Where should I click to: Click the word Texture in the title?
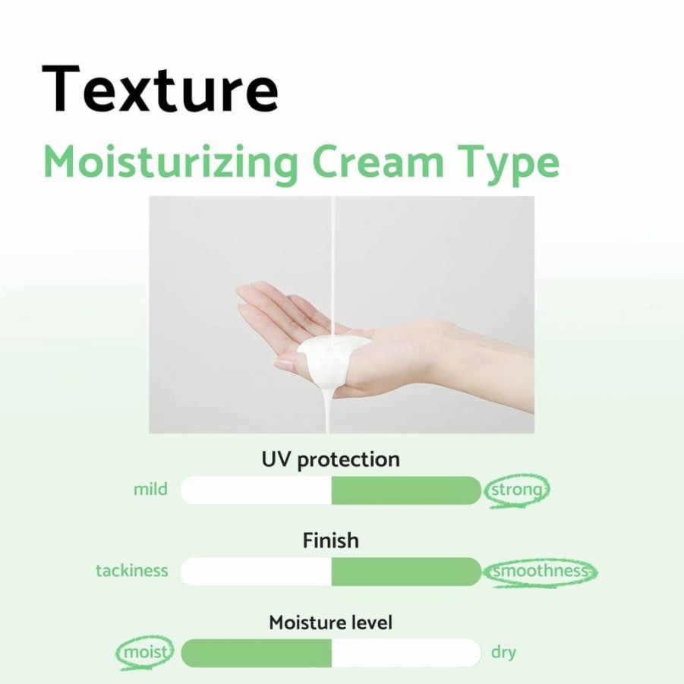(x=159, y=89)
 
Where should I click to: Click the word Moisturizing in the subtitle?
(x=171, y=163)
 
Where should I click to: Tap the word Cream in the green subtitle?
(x=378, y=162)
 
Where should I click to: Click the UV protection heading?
(x=331, y=460)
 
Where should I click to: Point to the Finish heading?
(x=331, y=541)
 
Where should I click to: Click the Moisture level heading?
(x=331, y=623)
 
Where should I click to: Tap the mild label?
(x=150, y=489)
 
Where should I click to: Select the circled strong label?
(x=516, y=490)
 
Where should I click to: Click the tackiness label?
(x=132, y=571)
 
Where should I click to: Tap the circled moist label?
(x=145, y=653)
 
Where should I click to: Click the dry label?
(x=503, y=653)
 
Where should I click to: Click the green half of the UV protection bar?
(x=406, y=490)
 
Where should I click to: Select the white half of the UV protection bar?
(x=256, y=490)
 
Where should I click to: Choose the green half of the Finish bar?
(x=406, y=572)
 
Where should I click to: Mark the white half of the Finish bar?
(x=256, y=572)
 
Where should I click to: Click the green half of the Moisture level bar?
(x=256, y=653)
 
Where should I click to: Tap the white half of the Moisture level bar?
(x=406, y=653)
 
